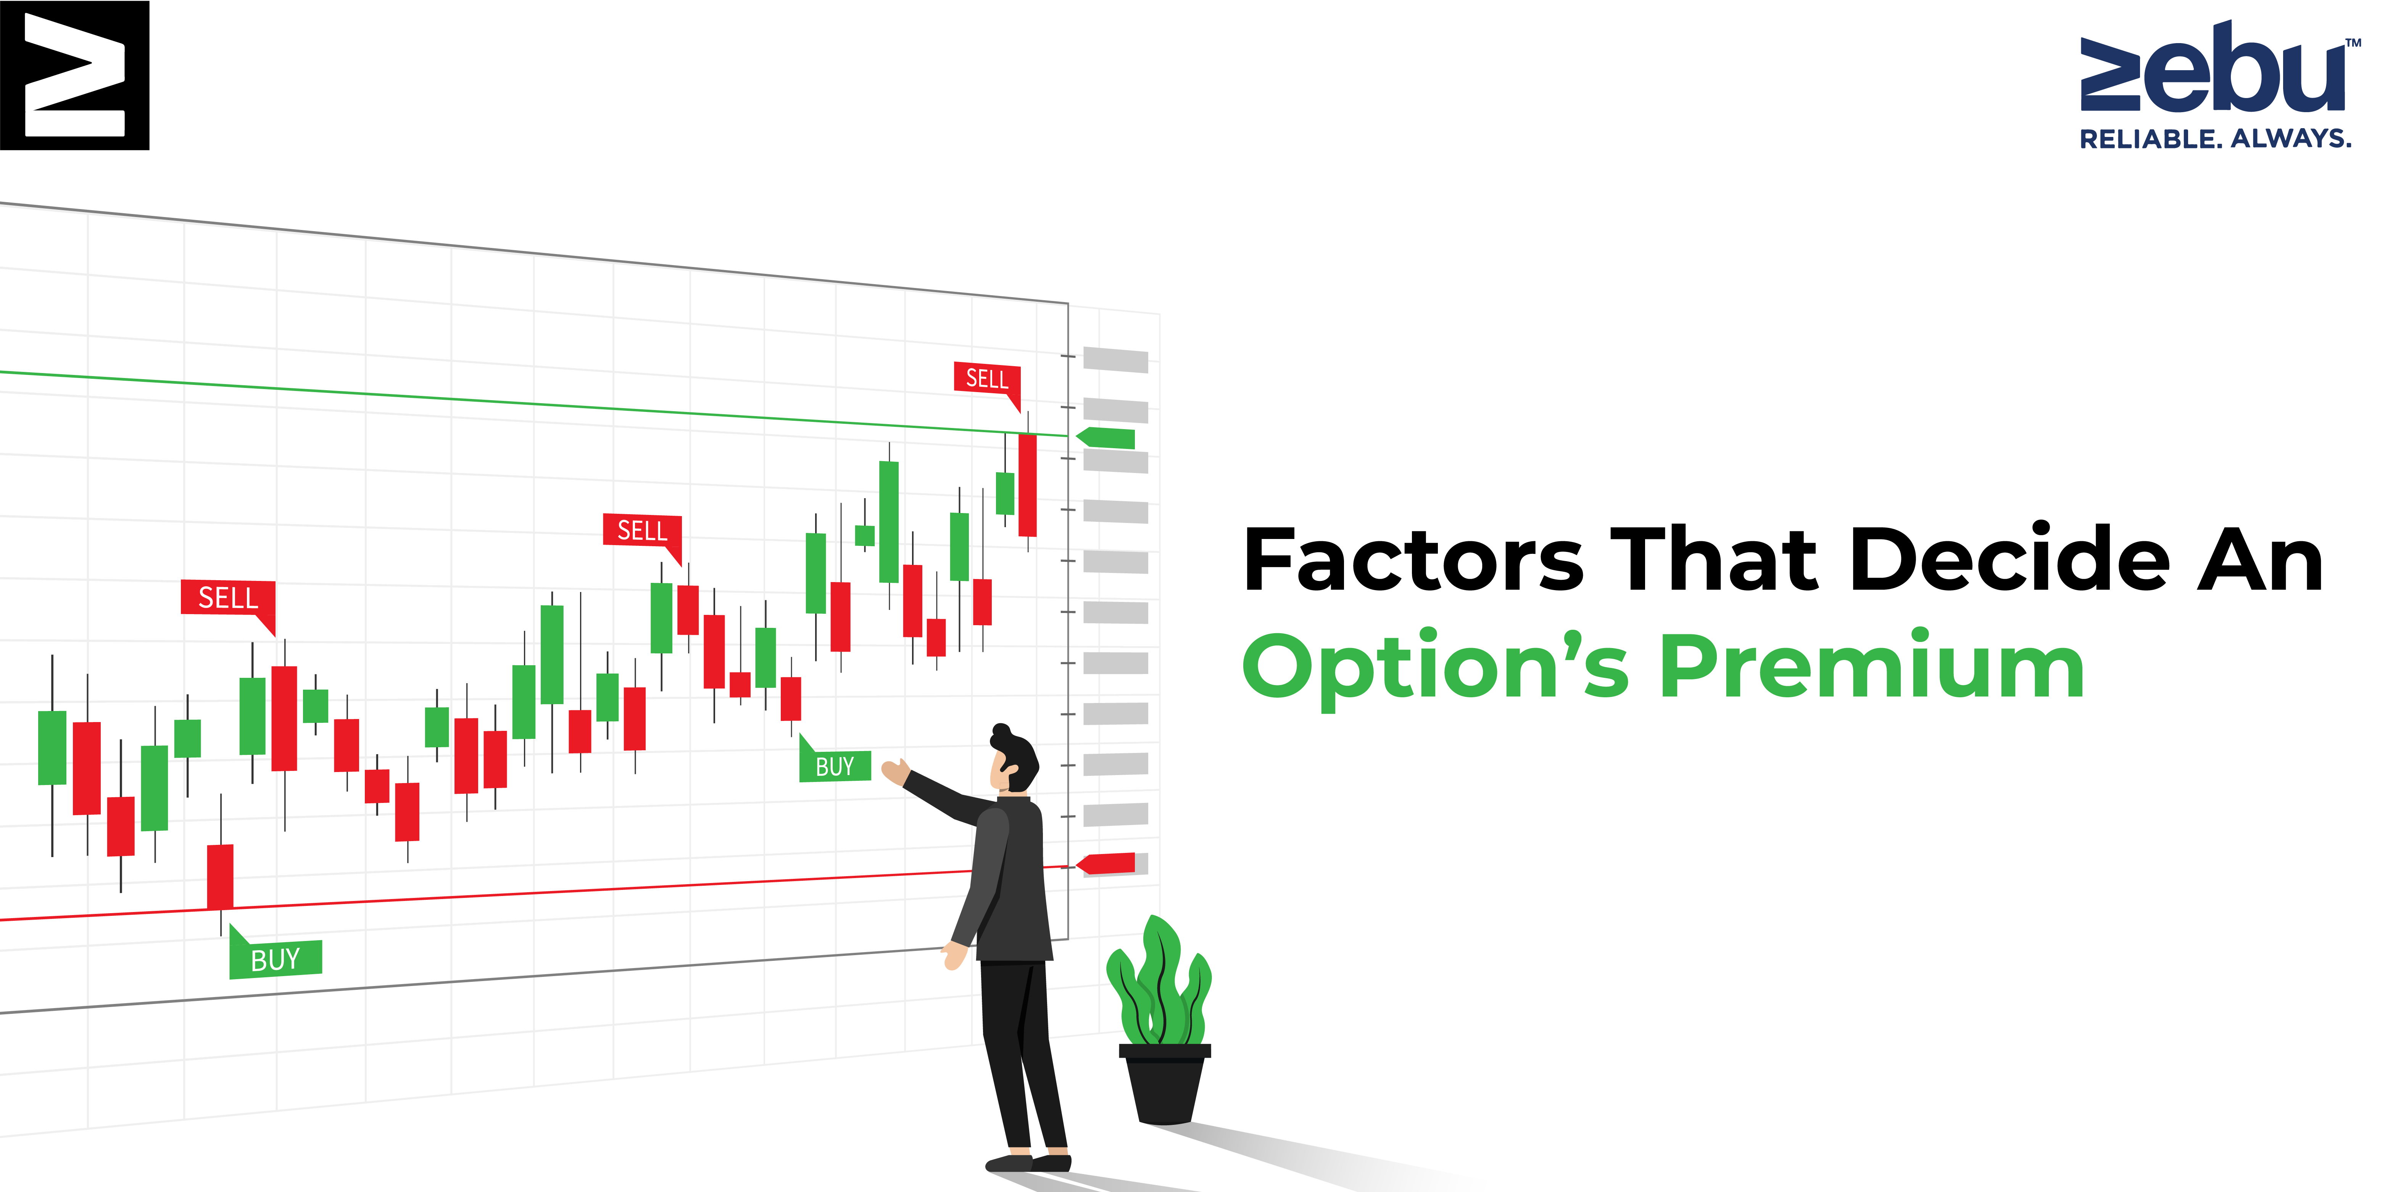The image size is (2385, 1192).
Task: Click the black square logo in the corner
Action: pyautogui.click(x=74, y=75)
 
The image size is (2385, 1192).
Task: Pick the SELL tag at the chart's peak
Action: pyautogui.click(x=988, y=381)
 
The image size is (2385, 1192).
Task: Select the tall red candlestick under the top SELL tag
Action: pyautogui.click(x=1027, y=485)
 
